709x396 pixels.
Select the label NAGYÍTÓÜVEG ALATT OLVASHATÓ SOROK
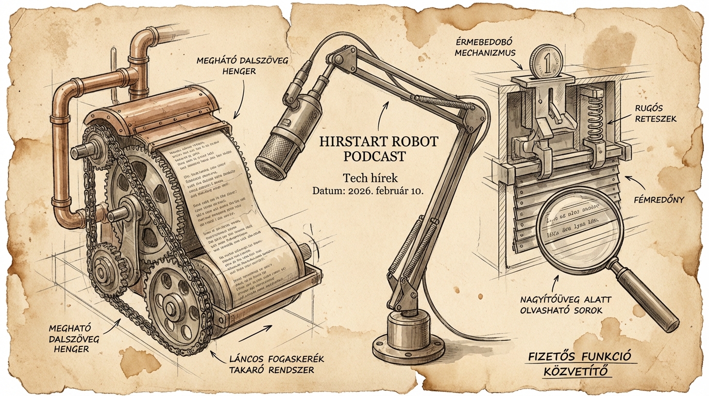coord(562,304)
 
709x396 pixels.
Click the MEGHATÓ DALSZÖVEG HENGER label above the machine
coord(235,65)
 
